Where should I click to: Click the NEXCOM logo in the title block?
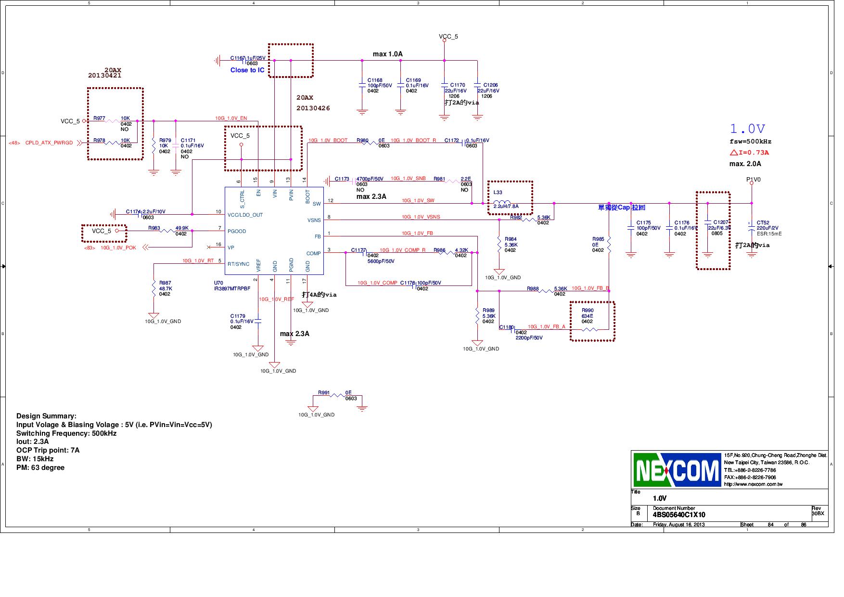tap(677, 470)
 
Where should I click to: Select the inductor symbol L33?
tap(502, 202)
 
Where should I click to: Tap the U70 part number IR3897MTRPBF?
tap(232, 288)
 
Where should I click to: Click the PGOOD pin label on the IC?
tap(237, 231)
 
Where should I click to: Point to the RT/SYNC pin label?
tap(238, 264)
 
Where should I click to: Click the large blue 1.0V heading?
tap(747, 129)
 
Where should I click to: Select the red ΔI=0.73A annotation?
tap(749, 153)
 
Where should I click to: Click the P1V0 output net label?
tap(753, 180)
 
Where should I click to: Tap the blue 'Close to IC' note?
tap(247, 70)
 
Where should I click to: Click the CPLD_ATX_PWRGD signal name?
tap(49, 143)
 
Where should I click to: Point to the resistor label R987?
tap(165, 283)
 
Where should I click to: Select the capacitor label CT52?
tap(763, 223)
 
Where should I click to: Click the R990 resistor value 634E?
tap(587, 316)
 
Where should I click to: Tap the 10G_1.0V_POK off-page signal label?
tap(118, 248)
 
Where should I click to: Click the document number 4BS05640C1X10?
tap(679, 515)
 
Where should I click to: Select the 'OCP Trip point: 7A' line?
tap(48, 450)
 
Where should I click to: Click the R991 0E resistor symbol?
tap(338, 396)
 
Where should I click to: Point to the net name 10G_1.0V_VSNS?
tap(421, 217)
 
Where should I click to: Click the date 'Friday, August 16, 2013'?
tap(678, 524)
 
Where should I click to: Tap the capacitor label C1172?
tap(451, 141)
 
